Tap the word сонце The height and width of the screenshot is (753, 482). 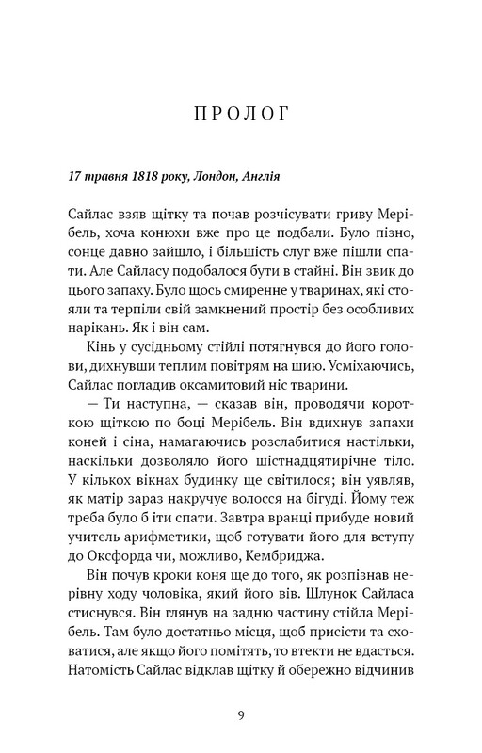coord(89,251)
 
